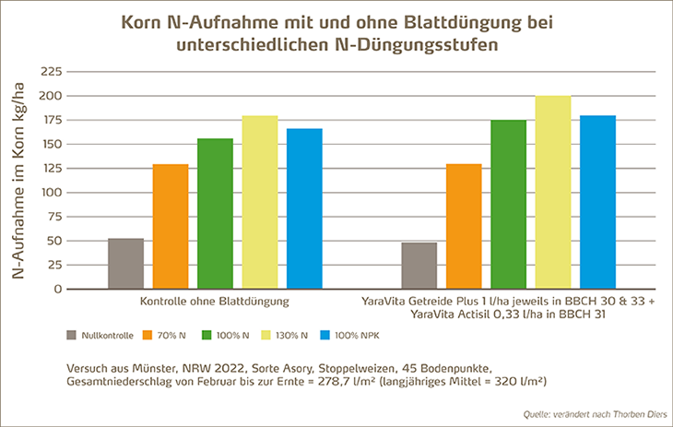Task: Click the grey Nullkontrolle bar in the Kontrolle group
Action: point(125,264)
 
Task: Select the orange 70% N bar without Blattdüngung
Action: point(170,227)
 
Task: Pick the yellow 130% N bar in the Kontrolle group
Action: point(260,203)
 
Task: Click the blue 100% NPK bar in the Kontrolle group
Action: point(304,209)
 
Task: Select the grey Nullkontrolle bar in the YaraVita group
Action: point(419,266)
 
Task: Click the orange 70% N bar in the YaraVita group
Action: point(464,227)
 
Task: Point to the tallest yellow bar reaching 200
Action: point(553,193)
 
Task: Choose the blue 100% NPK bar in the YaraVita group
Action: point(597,203)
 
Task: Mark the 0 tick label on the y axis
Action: point(57,290)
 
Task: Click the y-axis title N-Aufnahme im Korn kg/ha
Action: point(19,181)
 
